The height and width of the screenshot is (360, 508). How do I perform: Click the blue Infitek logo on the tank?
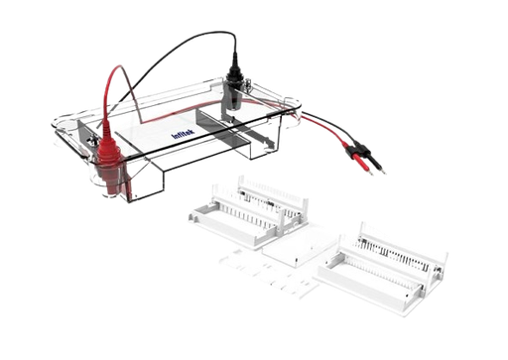click(183, 134)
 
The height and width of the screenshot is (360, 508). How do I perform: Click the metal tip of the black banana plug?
click(383, 171)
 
